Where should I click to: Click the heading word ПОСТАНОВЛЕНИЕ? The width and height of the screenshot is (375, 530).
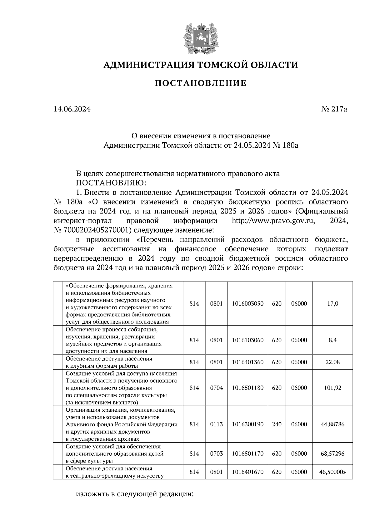(201, 83)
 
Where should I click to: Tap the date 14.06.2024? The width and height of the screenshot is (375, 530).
(72, 109)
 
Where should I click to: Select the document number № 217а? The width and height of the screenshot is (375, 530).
(334, 109)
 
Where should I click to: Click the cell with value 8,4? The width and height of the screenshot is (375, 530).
(332, 340)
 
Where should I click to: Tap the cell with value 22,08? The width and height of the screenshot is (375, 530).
(332, 362)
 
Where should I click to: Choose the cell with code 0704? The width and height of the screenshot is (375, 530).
(216, 388)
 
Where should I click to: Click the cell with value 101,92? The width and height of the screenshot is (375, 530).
(332, 388)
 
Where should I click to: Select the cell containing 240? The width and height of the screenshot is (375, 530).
(277, 424)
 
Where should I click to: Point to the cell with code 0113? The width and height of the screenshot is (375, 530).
(216, 424)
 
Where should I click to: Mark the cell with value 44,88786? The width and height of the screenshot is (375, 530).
(332, 424)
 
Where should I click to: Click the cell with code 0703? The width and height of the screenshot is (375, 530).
(216, 454)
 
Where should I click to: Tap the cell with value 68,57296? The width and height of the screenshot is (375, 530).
(332, 454)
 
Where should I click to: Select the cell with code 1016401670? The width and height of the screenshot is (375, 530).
(248, 472)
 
